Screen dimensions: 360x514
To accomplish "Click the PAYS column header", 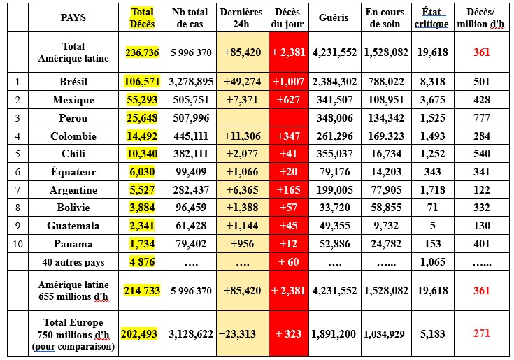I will (x=73, y=17).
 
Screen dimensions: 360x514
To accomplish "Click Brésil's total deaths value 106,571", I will (x=142, y=82).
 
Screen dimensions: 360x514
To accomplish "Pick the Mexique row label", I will (x=73, y=100).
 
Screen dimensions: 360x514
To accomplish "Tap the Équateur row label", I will (x=73, y=172).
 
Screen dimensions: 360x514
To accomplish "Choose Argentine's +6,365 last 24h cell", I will (x=241, y=190).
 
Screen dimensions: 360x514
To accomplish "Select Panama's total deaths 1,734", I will (x=142, y=244).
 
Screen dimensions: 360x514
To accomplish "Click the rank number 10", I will (x=17, y=244).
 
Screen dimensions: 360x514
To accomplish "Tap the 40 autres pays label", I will (x=73, y=262).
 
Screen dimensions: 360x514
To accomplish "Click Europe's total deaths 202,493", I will (x=142, y=334).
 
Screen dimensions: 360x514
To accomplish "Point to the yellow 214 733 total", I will (x=142, y=291).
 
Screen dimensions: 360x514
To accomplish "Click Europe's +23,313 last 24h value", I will (x=240, y=334).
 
